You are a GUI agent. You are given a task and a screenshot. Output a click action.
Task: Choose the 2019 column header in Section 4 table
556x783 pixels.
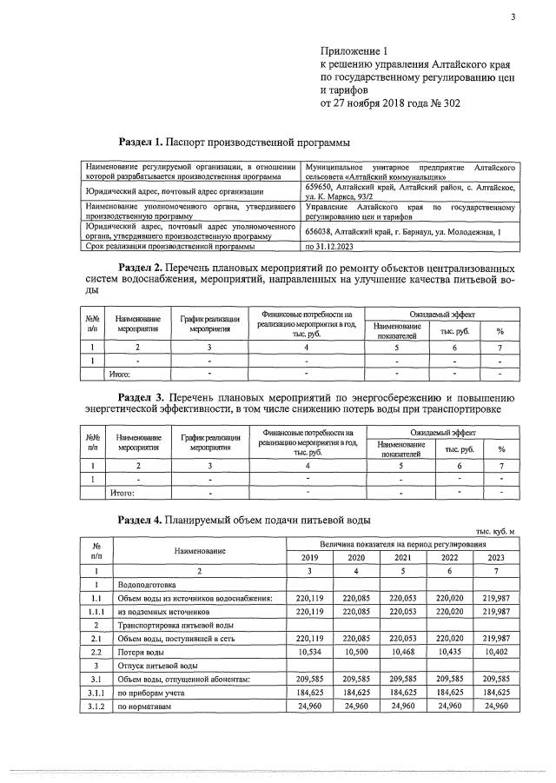[x=309, y=558]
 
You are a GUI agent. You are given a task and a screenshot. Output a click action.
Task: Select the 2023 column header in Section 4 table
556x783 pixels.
[x=495, y=558]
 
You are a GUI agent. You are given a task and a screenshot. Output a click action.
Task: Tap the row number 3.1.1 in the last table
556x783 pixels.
[x=96, y=693]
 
